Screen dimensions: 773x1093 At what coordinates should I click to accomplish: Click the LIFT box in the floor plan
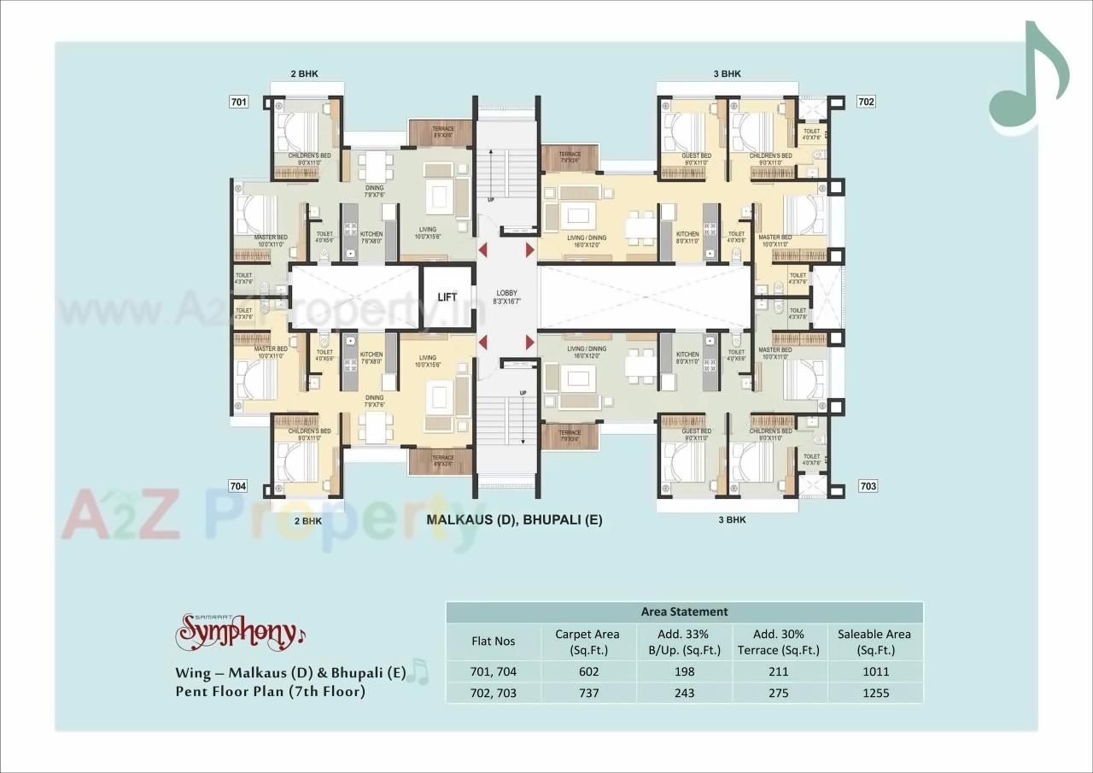coord(447,297)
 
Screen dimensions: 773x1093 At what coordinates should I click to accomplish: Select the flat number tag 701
coord(239,102)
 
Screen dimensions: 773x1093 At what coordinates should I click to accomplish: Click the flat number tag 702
coord(867,102)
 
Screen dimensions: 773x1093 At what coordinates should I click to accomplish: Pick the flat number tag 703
coord(868,486)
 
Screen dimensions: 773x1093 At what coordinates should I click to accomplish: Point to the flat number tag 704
coord(239,486)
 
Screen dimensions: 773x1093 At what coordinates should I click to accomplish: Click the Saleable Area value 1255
coord(874,693)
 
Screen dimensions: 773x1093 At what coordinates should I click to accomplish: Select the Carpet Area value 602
coord(588,671)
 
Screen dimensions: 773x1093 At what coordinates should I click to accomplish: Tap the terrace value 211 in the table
coord(779,671)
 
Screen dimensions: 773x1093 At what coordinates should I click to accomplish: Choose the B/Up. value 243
coord(684,693)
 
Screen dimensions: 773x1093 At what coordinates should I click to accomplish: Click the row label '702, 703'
coord(494,693)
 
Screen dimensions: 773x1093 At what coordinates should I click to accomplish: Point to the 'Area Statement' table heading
coord(684,612)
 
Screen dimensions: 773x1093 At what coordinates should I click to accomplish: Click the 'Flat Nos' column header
coord(494,641)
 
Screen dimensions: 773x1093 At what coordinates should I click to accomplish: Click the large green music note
coord(1028,81)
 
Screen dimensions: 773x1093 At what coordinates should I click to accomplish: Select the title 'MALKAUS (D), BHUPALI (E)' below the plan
coord(514,519)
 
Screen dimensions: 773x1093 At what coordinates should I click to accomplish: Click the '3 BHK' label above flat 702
coord(727,74)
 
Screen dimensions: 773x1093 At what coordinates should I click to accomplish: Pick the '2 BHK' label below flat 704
coord(307,520)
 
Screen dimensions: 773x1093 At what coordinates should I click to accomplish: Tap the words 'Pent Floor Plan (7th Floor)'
coord(271,691)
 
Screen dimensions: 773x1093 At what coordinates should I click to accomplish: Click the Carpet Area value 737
coord(588,693)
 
